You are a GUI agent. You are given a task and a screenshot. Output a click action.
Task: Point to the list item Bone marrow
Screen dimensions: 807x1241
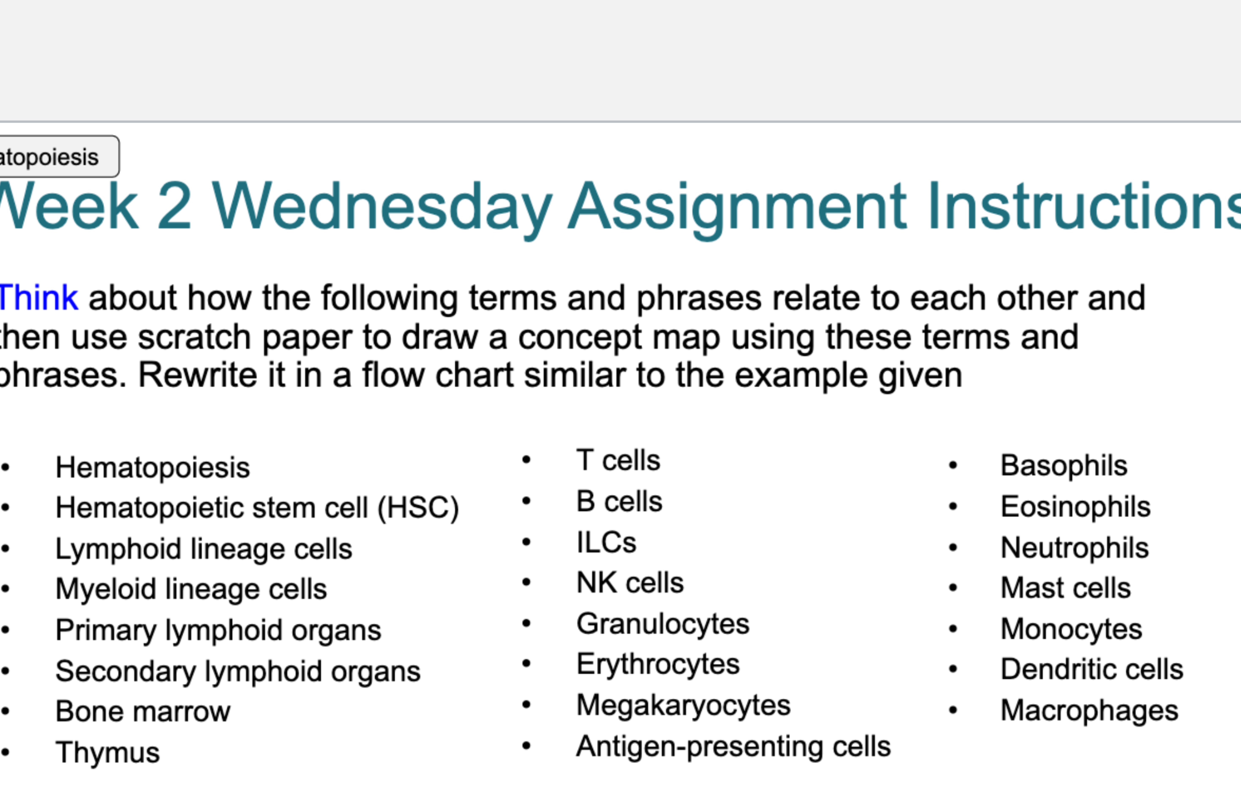[142, 712]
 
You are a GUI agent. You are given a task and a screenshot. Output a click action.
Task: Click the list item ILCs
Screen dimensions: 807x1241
[606, 543]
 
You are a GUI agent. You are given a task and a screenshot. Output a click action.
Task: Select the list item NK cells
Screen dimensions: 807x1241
[629, 583]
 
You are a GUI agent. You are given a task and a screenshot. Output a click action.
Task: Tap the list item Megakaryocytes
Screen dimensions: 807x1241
[683, 705]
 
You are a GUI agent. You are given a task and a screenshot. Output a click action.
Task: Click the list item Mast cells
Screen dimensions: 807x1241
[1065, 588]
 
